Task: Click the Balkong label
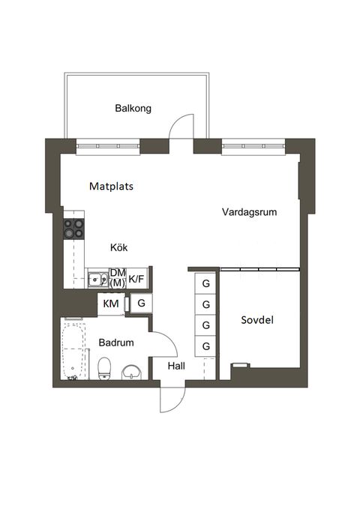(133, 108)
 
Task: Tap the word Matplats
(111, 187)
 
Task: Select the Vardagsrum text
(249, 212)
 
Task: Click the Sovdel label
(256, 320)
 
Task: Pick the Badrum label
(116, 343)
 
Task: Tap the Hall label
(176, 367)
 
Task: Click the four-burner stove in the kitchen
(74, 229)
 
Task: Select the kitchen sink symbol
(96, 280)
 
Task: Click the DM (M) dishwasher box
(117, 278)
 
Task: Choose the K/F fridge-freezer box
(137, 279)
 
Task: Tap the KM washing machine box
(110, 304)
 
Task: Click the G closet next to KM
(140, 304)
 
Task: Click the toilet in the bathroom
(105, 368)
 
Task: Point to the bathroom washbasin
(133, 371)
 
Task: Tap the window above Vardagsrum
(253, 145)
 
